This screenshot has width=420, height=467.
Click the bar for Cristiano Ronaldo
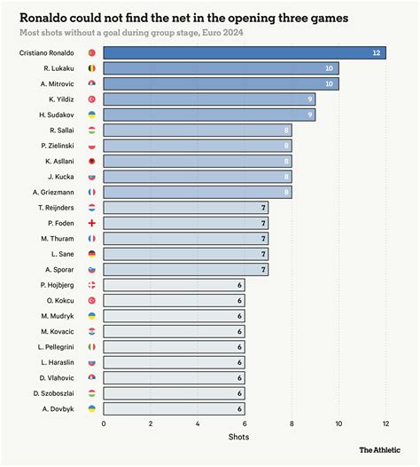point(244,54)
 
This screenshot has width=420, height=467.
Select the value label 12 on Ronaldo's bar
point(377,54)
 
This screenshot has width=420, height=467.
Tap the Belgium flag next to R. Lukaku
point(92,69)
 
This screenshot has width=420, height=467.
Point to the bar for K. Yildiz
point(209,99)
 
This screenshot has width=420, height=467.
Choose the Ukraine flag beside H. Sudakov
point(92,115)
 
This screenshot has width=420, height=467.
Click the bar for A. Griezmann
point(197,192)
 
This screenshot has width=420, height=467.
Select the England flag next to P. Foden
point(92,223)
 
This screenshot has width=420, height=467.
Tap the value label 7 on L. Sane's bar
point(263,254)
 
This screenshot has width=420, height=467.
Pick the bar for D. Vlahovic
point(174,377)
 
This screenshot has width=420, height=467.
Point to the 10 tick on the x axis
point(338,423)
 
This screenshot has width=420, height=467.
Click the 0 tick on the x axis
point(104,423)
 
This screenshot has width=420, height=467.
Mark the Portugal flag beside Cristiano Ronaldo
point(92,54)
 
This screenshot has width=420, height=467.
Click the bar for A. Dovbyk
point(174,408)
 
